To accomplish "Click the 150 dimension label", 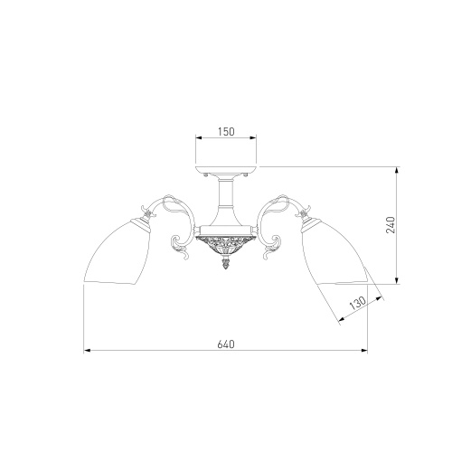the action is pos(226,132).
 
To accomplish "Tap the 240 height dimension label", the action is pos(391,225).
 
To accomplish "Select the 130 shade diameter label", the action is pos(358,303).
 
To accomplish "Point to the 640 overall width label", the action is pos(226,344).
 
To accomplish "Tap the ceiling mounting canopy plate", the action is pos(226,172).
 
